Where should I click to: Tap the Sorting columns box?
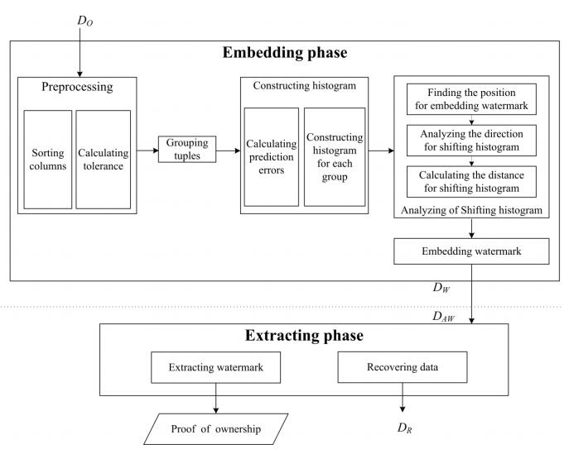(48, 160)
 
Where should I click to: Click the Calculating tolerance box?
(104, 160)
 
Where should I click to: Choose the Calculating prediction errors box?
(272, 156)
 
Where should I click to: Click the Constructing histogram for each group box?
(335, 156)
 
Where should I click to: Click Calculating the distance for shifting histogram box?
(469, 179)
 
